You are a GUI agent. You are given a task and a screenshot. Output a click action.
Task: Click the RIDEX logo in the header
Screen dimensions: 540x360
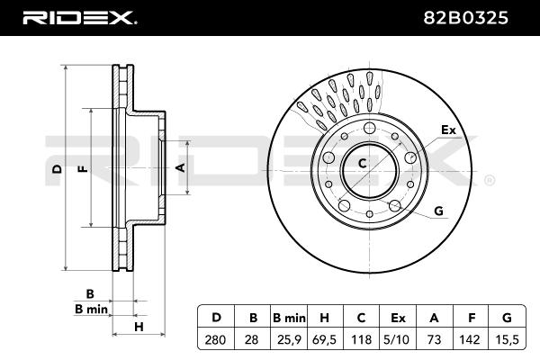click(x=80, y=18)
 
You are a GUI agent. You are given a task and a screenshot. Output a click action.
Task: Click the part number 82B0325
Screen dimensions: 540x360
click(x=465, y=18)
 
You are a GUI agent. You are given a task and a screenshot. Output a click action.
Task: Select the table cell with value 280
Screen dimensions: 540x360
click(x=215, y=339)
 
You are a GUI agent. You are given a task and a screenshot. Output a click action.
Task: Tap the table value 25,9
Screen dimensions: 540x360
click(x=289, y=339)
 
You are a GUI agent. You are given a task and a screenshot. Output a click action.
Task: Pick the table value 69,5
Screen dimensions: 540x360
click(x=324, y=339)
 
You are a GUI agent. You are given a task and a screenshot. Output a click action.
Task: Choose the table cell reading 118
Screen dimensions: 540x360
click(x=361, y=339)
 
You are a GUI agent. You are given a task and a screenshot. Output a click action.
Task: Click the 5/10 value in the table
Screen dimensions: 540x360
click(x=396, y=339)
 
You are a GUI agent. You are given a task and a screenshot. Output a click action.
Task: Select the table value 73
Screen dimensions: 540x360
click(x=434, y=339)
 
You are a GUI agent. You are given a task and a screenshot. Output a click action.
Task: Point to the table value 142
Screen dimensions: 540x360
click(x=470, y=339)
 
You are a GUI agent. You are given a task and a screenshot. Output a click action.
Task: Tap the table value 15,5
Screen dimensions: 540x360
click(x=506, y=339)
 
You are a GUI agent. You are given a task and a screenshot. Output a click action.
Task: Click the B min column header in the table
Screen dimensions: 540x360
click(x=289, y=318)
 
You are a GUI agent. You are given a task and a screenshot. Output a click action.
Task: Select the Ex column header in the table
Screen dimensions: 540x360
click(x=398, y=318)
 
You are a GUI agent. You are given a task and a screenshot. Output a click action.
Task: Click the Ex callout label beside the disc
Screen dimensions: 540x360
click(x=448, y=130)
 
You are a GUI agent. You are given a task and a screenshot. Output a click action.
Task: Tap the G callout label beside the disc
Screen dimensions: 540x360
click(x=439, y=211)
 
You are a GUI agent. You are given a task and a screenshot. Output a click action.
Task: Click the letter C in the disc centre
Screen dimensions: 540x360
click(x=362, y=163)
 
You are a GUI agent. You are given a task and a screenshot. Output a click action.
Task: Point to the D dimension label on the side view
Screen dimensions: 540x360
click(x=57, y=169)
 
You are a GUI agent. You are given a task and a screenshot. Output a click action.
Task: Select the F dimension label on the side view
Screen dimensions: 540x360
click(x=83, y=169)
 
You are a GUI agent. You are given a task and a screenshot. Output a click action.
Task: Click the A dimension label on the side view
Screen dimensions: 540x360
click(x=181, y=167)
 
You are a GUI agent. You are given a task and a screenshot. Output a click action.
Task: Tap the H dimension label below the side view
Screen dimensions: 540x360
click(x=139, y=326)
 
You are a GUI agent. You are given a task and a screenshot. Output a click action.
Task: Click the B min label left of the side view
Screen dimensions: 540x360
click(x=91, y=309)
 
